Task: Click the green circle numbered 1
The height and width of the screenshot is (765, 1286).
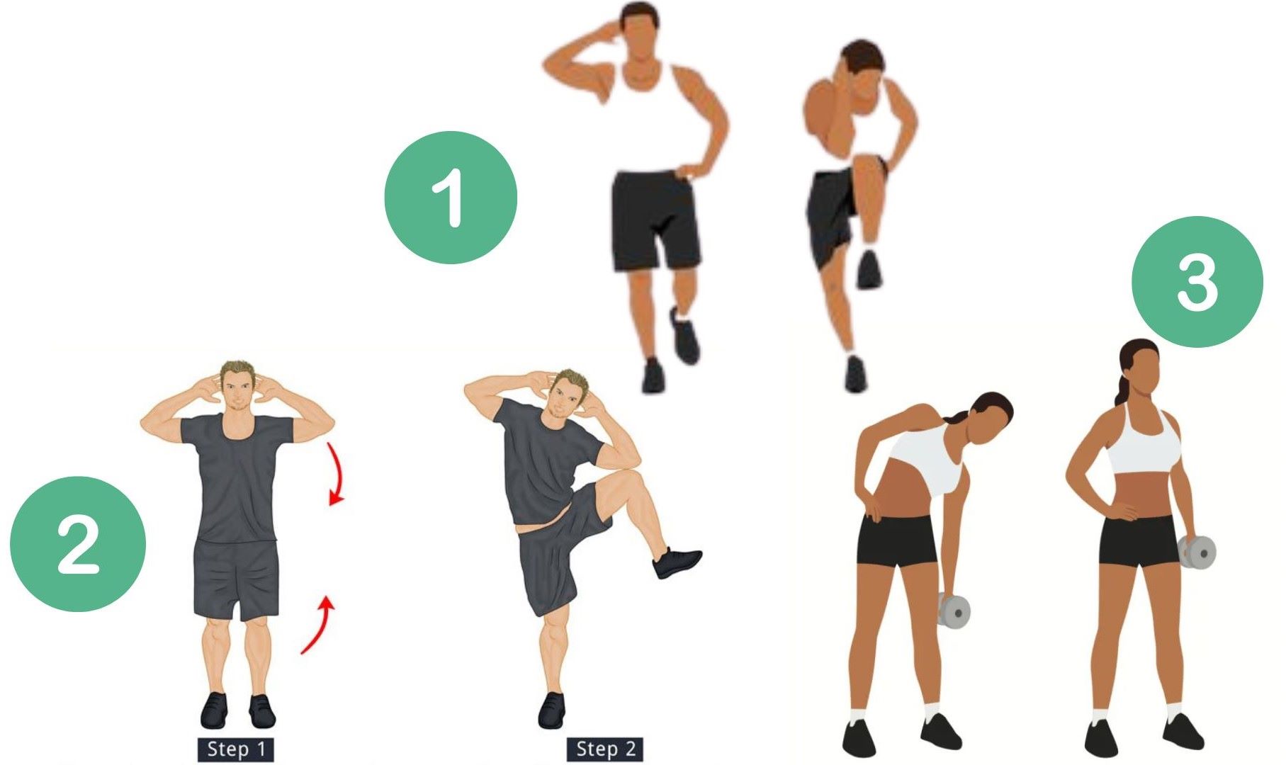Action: click(451, 197)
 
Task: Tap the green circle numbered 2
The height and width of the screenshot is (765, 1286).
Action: click(78, 544)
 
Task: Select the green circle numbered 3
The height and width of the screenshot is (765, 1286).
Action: click(1197, 282)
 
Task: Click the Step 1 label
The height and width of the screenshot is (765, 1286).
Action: click(235, 749)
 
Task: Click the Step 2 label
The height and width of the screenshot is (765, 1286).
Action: click(605, 749)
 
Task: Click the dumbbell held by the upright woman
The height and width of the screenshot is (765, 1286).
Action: click(1197, 552)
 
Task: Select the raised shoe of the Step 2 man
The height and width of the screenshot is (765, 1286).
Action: click(677, 562)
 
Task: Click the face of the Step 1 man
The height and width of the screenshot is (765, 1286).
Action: click(236, 388)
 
